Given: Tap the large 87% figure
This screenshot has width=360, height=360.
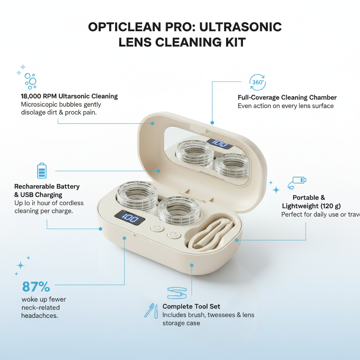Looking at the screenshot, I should [x=36, y=287].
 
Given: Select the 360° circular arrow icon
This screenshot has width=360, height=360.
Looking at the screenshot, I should [x=258, y=83].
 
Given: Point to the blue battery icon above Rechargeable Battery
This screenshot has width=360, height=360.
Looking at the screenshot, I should [x=41, y=171].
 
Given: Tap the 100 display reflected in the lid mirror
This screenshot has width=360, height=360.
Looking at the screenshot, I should [x=219, y=144].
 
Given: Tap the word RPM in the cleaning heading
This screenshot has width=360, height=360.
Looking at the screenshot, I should [x=49, y=96].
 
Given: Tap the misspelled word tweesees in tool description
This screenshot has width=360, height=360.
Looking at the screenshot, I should [x=221, y=315].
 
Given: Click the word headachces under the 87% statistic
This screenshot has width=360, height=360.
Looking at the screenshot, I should [x=39, y=315].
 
